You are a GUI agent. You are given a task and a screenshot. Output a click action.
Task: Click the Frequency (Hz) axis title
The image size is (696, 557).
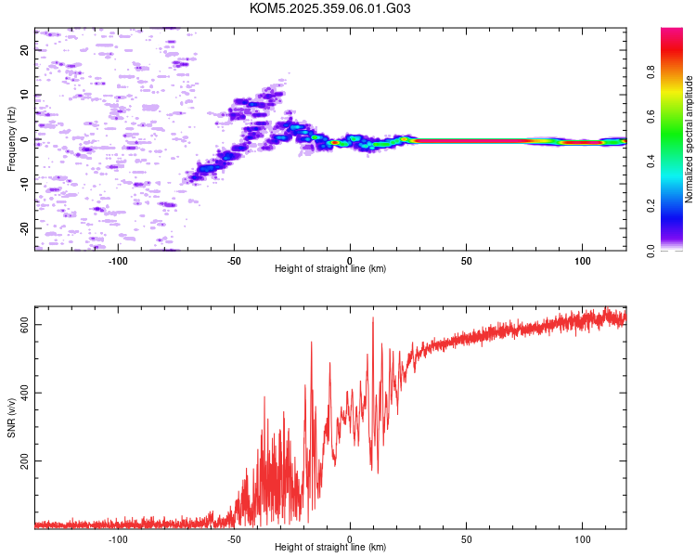(11, 139)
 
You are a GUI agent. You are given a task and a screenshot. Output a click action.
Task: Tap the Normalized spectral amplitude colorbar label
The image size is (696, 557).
(690, 139)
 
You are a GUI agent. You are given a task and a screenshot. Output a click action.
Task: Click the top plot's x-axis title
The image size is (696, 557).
(330, 268)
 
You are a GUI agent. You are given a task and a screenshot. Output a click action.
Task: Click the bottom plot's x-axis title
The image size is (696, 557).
(330, 548)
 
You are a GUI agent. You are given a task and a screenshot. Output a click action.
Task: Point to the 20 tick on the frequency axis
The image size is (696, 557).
(25, 50)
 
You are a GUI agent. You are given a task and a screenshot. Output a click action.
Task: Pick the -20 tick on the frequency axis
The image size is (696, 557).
(25, 227)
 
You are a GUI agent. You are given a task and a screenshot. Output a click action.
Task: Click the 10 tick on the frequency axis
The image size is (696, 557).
(25, 95)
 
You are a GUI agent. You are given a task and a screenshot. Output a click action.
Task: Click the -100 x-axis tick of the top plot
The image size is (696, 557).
(118, 259)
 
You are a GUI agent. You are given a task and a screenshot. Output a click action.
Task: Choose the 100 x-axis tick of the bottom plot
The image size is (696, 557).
(583, 538)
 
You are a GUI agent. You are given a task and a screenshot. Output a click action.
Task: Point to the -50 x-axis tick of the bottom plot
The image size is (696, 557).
(234, 538)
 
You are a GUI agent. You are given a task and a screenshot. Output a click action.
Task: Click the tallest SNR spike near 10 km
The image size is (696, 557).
(373, 318)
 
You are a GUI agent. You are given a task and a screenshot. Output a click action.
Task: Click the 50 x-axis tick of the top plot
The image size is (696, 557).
(467, 259)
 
